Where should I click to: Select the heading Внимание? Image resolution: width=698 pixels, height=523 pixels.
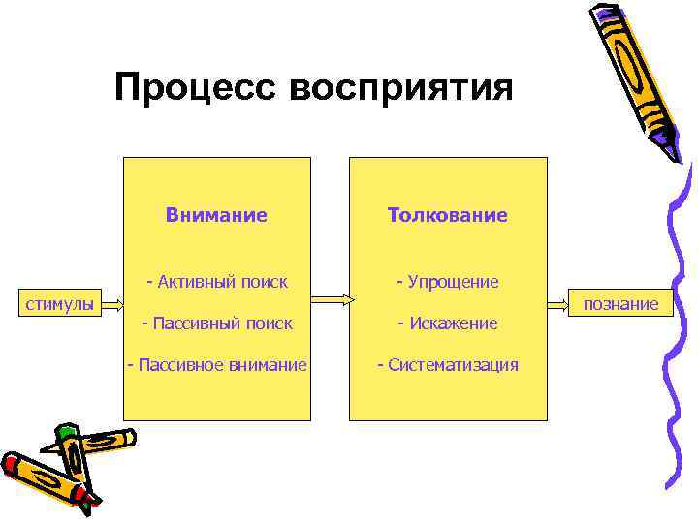(x=216, y=215)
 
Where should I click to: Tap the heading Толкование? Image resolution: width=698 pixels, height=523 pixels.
(x=447, y=215)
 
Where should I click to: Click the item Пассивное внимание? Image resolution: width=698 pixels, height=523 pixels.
(x=217, y=365)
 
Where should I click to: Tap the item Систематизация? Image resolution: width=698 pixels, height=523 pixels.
(x=447, y=365)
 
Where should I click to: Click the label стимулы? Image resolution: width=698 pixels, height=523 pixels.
(x=59, y=305)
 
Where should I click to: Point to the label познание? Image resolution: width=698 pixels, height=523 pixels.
(x=621, y=305)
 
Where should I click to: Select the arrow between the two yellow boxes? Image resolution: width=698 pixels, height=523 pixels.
(x=330, y=300)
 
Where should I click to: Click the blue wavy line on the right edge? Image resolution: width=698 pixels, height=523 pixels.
(x=682, y=339)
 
